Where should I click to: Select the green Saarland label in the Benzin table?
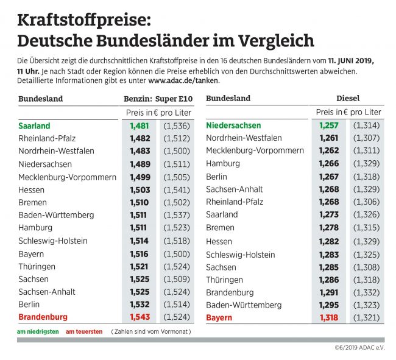click(x=34, y=126)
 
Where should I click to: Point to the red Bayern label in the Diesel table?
click(x=219, y=318)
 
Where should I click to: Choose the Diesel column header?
click(x=348, y=98)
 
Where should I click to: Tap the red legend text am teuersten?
click(x=83, y=333)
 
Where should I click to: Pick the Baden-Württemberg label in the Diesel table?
click(x=244, y=305)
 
